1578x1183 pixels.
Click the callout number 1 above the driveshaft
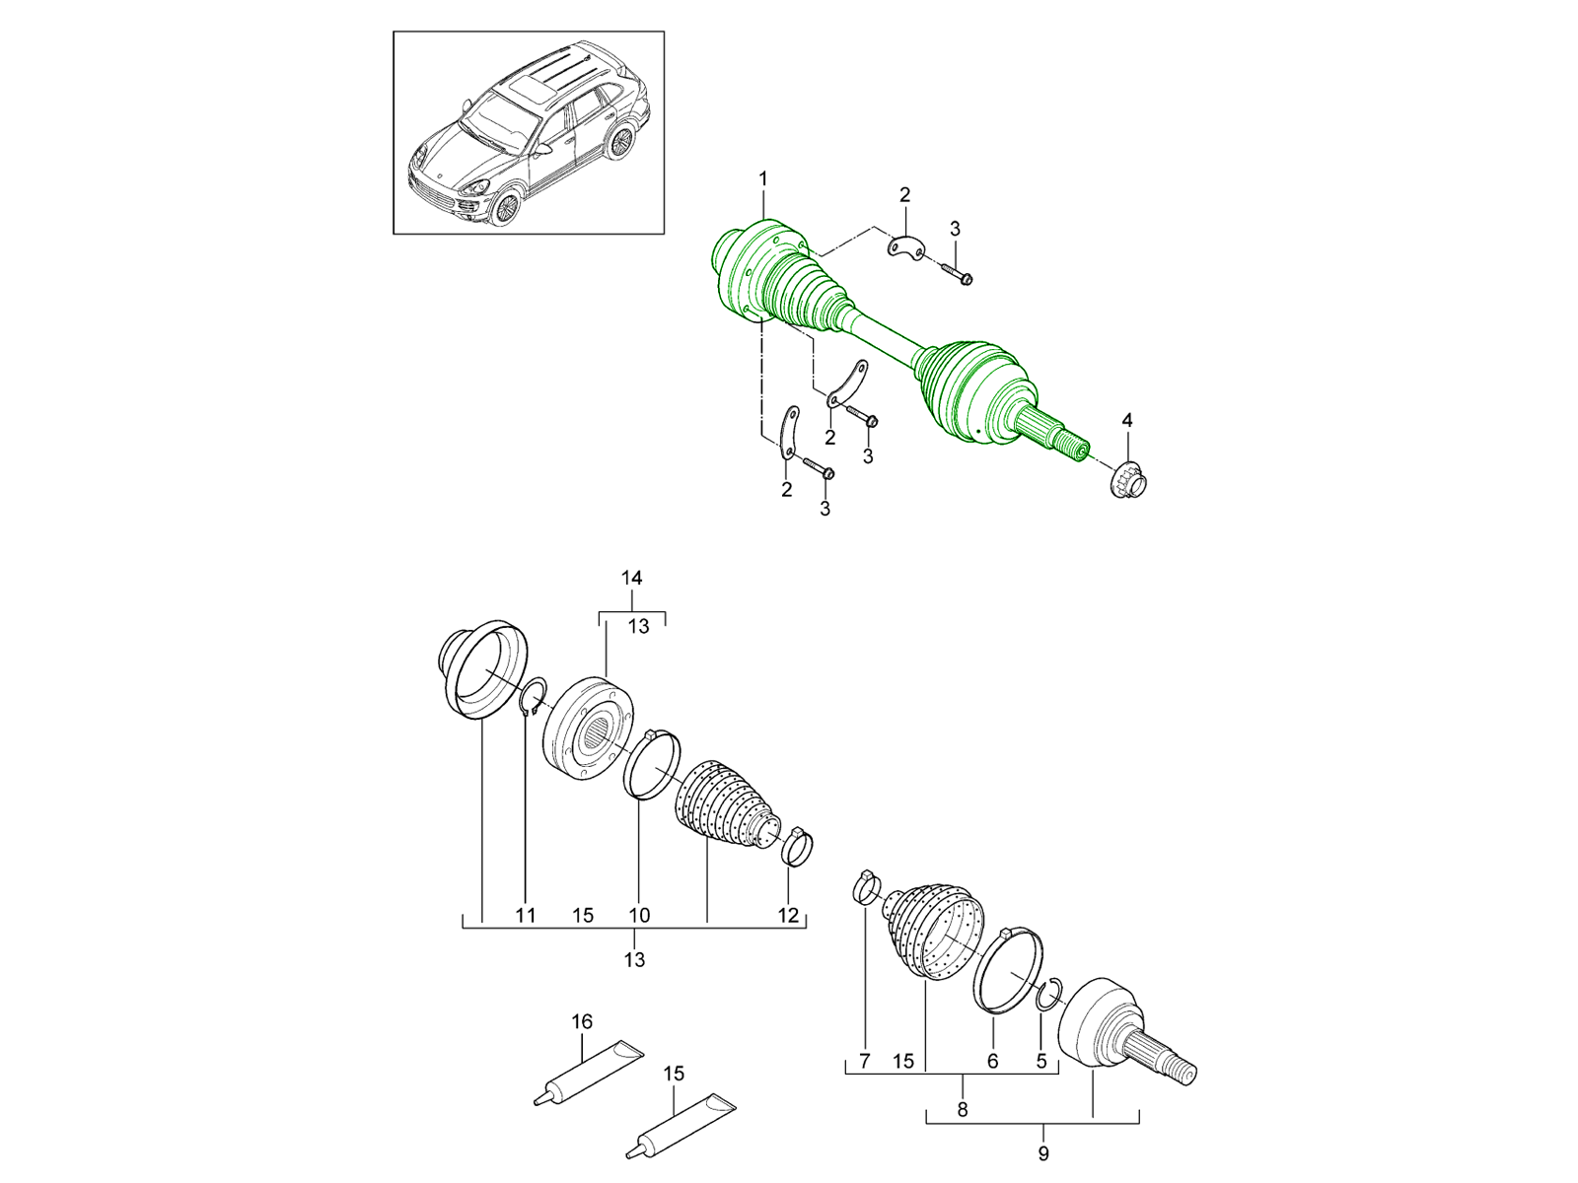click(762, 178)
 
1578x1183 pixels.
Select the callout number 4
click(1126, 421)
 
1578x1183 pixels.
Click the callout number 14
click(632, 578)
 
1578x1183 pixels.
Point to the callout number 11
click(526, 915)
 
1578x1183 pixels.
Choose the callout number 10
click(639, 915)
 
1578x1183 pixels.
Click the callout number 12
click(788, 915)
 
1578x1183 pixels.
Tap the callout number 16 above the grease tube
click(582, 1021)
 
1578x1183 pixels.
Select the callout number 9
click(1043, 1153)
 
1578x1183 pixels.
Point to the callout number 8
click(963, 1110)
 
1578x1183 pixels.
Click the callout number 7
click(865, 1060)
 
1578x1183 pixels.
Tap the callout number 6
click(993, 1060)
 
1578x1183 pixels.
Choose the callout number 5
click(1041, 1060)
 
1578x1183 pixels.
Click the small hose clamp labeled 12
click(797, 848)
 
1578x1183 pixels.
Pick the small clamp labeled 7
click(866, 888)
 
